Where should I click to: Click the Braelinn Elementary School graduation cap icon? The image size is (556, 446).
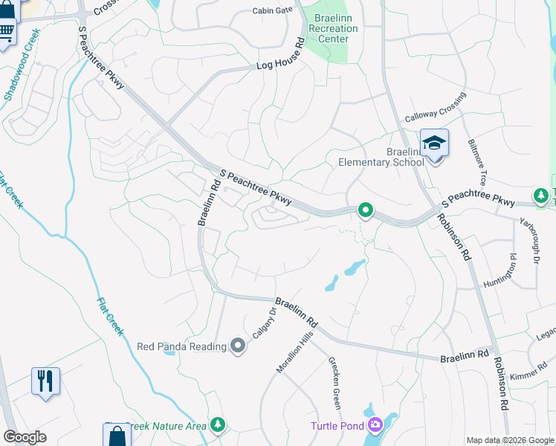click(434, 142)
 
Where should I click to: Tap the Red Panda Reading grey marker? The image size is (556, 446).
click(238, 346)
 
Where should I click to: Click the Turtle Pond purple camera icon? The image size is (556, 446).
click(376, 425)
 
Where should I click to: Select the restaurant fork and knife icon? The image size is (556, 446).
click(45, 381)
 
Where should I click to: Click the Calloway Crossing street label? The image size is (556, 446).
click(435, 109)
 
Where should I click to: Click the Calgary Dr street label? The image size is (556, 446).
click(263, 323)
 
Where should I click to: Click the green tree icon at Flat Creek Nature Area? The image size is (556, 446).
click(218, 424)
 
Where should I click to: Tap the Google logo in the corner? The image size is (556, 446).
click(25, 436)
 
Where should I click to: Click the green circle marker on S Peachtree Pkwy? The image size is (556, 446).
click(365, 211)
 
